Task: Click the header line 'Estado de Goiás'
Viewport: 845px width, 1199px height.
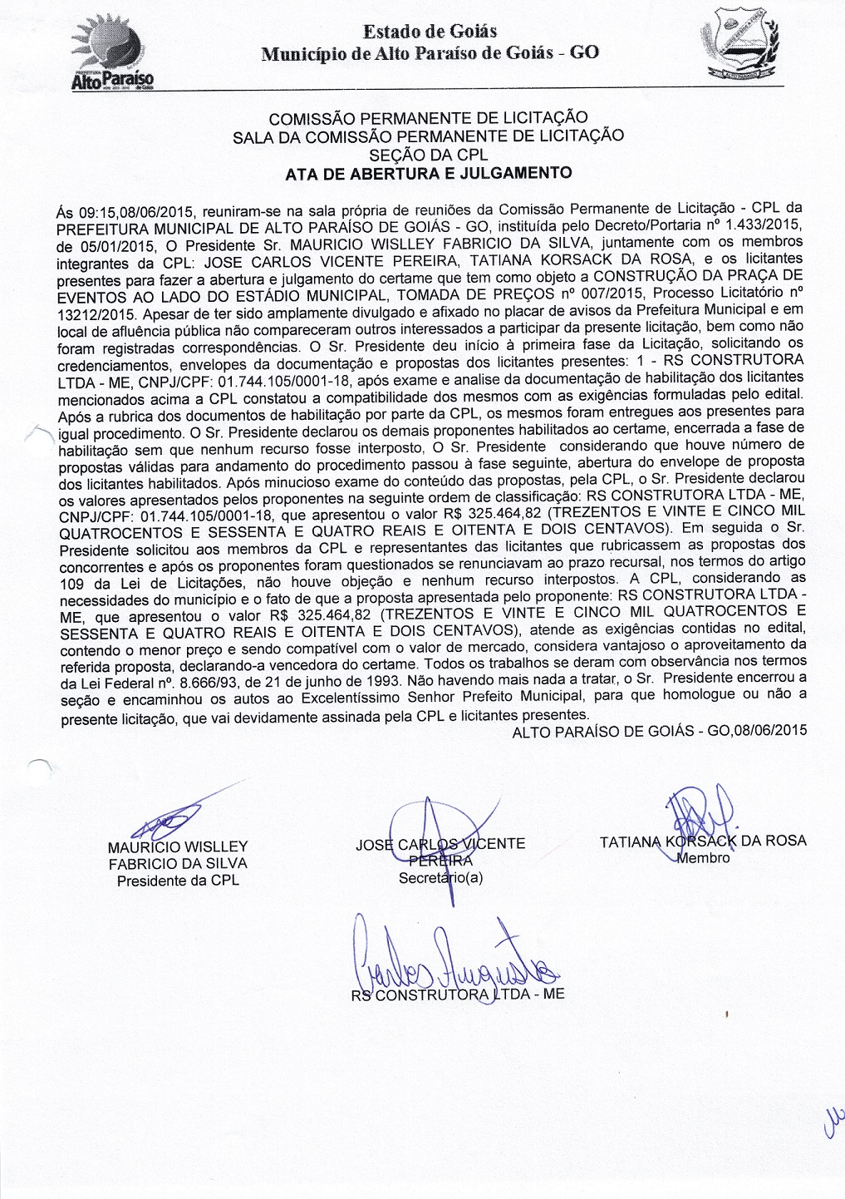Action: coord(429,32)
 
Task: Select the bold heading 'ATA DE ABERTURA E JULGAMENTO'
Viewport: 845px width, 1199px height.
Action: coord(428,173)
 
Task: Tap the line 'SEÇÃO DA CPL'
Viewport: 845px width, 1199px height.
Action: coord(428,154)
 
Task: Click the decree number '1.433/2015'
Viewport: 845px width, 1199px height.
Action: coord(770,226)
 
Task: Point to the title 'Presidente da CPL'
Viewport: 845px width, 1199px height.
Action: coord(178,880)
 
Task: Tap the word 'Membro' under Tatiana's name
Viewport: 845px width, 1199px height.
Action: coord(703,858)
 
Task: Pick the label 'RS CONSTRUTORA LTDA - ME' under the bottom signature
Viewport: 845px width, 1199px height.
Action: coord(458,994)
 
